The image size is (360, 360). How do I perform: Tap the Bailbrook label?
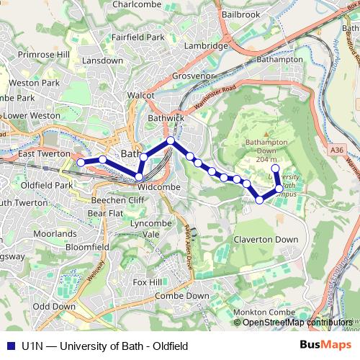[x=241, y=14]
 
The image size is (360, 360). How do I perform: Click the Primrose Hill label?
[x=44, y=54]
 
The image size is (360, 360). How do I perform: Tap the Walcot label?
[x=141, y=94]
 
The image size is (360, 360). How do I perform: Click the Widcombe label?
[x=158, y=186]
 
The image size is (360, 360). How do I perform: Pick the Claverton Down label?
[x=266, y=239]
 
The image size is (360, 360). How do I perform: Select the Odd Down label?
[x=55, y=306]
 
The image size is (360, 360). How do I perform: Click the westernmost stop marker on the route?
[x=81, y=162]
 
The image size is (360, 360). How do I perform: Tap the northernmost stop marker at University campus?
[x=274, y=168]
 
